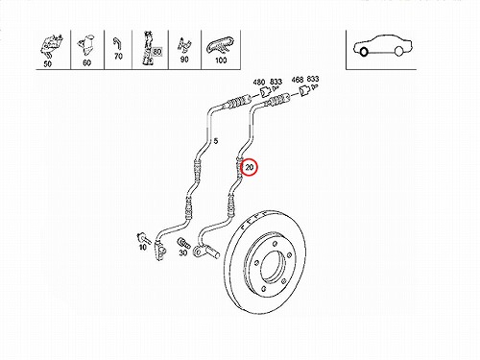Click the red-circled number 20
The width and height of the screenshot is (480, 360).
tap(249, 167)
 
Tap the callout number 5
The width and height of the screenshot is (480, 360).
tap(216, 141)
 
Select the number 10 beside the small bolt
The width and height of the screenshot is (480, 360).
tap(143, 247)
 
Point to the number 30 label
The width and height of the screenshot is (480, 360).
tap(182, 252)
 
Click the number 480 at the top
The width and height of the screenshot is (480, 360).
tap(259, 83)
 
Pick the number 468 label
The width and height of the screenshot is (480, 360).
tap(298, 80)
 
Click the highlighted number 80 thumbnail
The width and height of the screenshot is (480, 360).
tap(150, 50)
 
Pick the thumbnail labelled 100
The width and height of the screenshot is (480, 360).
tap(221, 50)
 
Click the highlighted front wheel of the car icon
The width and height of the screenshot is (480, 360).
tap(364, 52)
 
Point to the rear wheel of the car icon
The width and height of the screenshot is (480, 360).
tap(398, 51)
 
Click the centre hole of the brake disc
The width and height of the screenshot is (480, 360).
tap(273, 267)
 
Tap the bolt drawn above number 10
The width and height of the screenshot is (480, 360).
tap(142, 238)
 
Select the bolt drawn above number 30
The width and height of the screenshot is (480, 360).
tap(183, 243)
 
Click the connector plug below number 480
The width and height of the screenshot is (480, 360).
tap(264, 92)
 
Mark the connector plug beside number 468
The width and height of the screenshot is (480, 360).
tap(304, 90)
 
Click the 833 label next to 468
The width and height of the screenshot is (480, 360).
tap(313, 79)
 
